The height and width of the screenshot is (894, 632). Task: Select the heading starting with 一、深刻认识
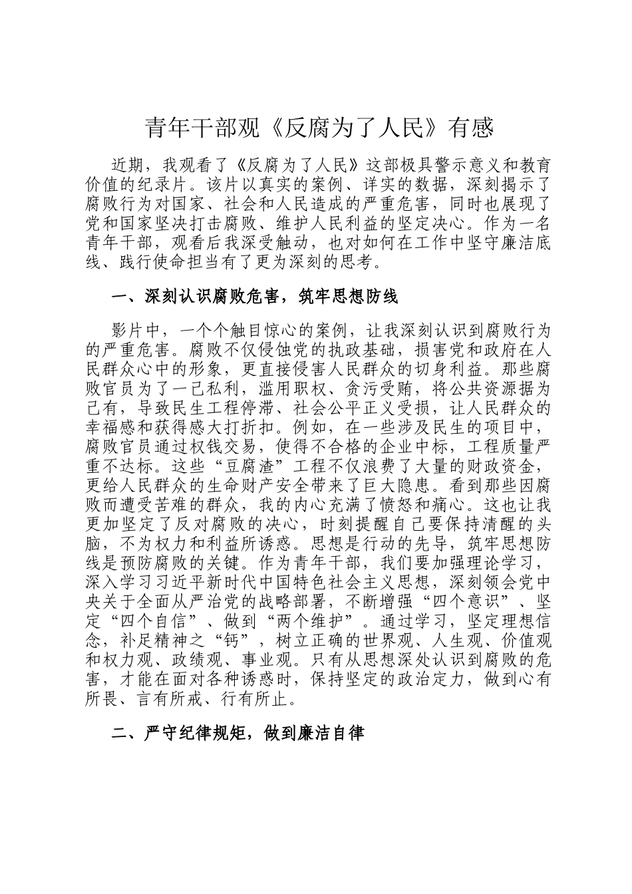[x=255, y=296]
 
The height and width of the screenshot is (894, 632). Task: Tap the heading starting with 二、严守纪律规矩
[x=238, y=734]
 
